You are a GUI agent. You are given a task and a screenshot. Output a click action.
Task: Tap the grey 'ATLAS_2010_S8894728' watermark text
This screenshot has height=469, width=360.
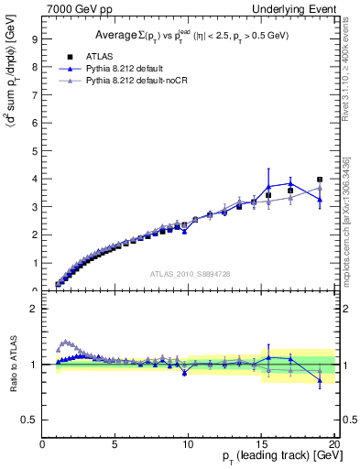point(189,274)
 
